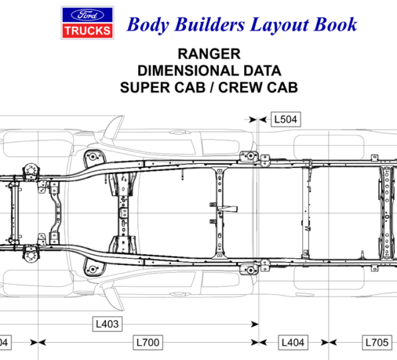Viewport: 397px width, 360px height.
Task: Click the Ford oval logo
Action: point(87,15)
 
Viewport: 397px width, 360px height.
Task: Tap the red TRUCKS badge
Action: point(87,31)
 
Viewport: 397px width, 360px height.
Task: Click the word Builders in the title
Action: point(210,25)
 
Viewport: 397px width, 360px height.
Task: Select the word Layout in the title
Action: point(280,25)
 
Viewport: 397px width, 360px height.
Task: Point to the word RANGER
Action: point(209,54)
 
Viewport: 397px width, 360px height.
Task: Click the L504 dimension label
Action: point(286,119)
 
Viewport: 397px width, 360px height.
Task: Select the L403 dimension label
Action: point(107,324)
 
